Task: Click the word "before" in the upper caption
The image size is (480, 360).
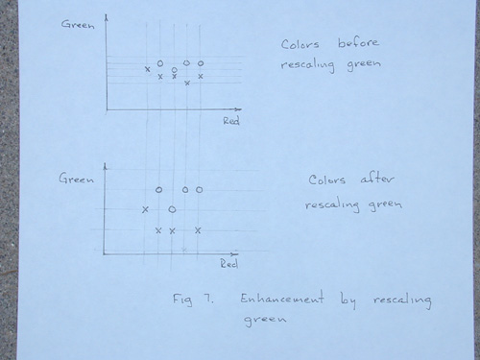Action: pyautogui.click(x=358, y=42)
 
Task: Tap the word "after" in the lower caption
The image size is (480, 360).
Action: pyautogui.click(x=377, y=179)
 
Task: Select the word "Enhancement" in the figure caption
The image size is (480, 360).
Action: pyautogui.click(x=282, y=298)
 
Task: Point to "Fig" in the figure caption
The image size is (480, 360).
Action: pyautogui.click(x=182, y=300)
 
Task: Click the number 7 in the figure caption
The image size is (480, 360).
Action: pyautogui.click(x=207, y=299)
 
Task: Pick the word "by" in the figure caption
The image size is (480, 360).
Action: pyautogui.click(x=348, y=300)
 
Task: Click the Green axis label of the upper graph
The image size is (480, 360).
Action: pyautogui.click(x=78, y=24)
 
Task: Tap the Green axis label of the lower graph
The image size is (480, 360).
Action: pyautogui.click(x=76, y=179)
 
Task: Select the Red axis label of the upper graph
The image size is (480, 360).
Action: pyautogui.click(x=231, y=121)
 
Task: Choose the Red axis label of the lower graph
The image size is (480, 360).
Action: pyautogui.click(x=229, y=264)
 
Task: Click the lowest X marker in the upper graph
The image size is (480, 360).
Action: pyautogui.click(x=187, y=84)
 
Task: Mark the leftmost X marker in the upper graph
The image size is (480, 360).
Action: pyautogui.click(x=147, y=69)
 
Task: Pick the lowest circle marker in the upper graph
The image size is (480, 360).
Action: pyautogui.click(x=174, y=70)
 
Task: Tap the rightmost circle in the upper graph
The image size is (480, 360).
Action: pyautogui.click(x=201, y=63)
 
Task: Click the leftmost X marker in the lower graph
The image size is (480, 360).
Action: pyautogui.click(x=145, y=209)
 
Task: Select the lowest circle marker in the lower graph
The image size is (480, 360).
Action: pyautogui.click(x=172, y=209)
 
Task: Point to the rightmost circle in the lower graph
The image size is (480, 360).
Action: pyautogui.click(x=199, y=190)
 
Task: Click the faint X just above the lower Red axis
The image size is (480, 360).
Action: pyautogui.click(x=184, y=250)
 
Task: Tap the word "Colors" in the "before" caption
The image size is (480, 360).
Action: pyautogui.click(x=300, y=44)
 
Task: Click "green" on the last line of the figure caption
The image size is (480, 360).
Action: pyautogui.click(x=265, y=320)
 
